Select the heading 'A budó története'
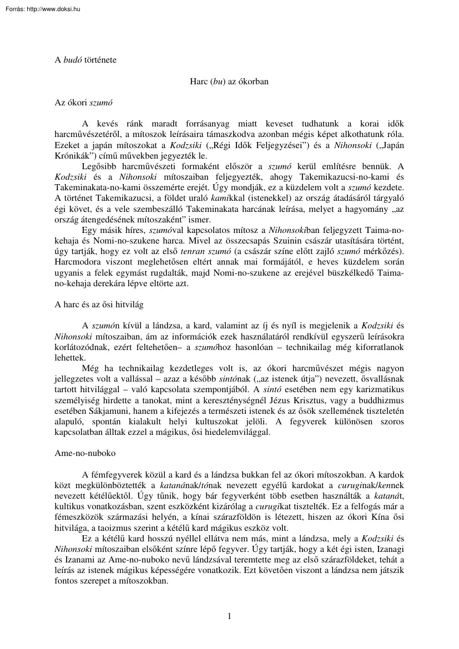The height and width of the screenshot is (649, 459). pyautogui.click(x=85, y=59)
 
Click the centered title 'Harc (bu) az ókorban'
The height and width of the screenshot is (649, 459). pyautogui.click(x=229, y=82)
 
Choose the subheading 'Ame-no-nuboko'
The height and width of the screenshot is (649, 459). pyautogui.click(x=84, y=453)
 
